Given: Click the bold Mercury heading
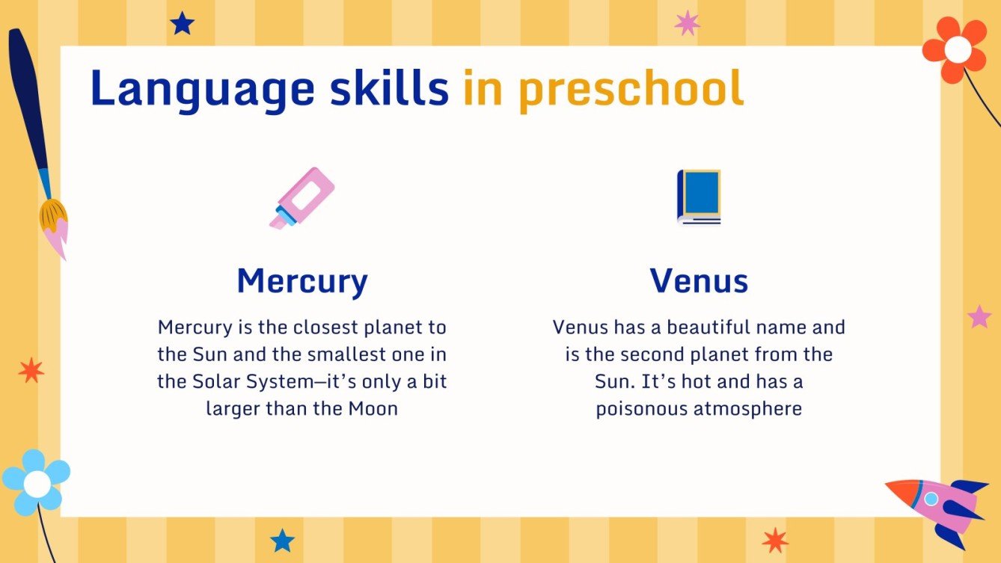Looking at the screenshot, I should point(302,281).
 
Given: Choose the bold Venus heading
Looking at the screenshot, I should point(699,281).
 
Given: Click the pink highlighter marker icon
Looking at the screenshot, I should point(302,198).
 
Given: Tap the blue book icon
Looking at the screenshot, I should point(699,197).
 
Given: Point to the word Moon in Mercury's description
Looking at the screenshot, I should point(373,409).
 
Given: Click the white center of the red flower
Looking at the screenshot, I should point(958,49).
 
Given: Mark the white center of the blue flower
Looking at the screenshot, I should point(37,484).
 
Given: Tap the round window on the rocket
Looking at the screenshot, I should point(931,498).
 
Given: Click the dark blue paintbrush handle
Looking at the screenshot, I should point(28,105).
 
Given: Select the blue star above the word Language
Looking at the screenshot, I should point(182,23).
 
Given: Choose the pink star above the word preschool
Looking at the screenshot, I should point(687,23).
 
